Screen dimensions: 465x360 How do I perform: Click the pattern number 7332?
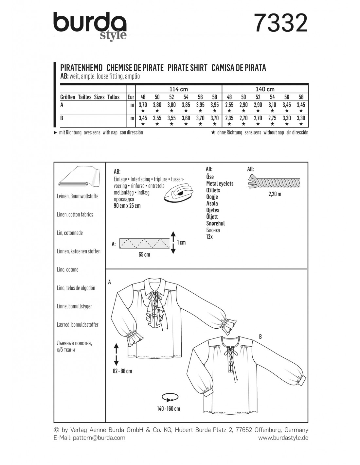[x=281, y=24]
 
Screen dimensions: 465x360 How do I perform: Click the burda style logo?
[x=90, y=26]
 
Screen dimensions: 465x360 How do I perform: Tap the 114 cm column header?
[x=179, y=89]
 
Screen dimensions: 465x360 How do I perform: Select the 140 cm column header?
[x=265, y=89]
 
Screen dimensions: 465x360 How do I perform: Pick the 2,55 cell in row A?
[x=229, y=105]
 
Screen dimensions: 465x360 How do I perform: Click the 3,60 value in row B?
[x=186, y=118]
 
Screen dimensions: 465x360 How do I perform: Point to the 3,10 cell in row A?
[x=272, y=105]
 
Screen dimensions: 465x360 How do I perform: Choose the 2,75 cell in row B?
[x=272, y=118]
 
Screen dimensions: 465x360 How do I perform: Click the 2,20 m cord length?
[x=275, y=194]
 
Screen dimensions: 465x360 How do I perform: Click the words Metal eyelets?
[x=220, y=183]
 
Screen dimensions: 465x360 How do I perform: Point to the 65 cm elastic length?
[x=144, y=254]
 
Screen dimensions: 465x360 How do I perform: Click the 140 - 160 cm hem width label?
[x=169, y=408]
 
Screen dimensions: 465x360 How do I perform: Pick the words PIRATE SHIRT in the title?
[x=188, y=68]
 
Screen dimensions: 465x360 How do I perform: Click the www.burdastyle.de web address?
[x=283, y=438]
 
